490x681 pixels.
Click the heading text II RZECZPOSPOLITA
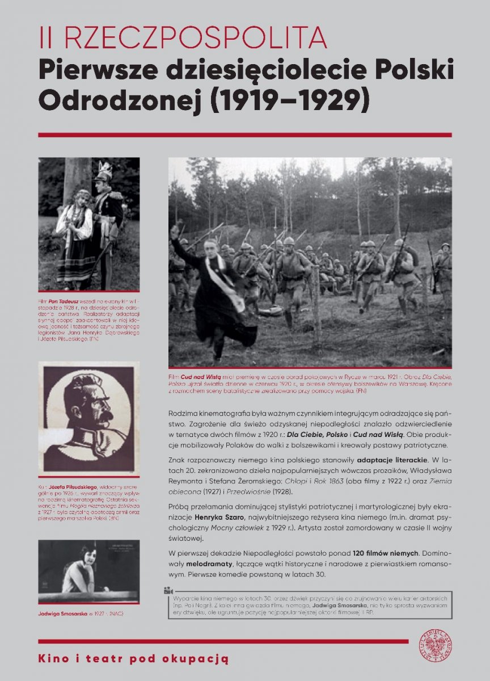183,38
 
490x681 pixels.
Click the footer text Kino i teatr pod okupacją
133,658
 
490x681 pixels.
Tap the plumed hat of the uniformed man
105,171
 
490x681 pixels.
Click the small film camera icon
168,590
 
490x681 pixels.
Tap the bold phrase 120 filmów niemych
386,552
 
